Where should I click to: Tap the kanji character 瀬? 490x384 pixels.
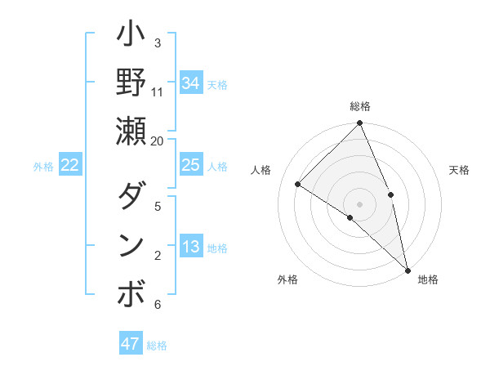click(x=131, y=132)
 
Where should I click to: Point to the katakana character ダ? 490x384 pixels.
click(x=131, y=197)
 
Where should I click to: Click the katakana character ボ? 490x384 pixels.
click(x=131, y=294)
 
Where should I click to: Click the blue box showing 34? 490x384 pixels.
click(x=191, y=83)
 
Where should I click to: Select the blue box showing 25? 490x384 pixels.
click(x=191, y=165)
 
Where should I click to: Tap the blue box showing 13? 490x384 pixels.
click(x=191, y=247)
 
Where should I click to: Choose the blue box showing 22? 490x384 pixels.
click(x=70, y=165)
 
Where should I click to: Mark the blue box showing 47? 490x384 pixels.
click(x=131, y=344)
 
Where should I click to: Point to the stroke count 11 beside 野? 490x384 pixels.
click(x=158, y=92)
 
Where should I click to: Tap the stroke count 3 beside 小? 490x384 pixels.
click(x=158, y=43)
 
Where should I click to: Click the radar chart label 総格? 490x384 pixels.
click(x=360, y=106)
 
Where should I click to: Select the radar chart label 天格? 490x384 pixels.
click(x=459, y=170)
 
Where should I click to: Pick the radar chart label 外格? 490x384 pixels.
click(x=287, y=279)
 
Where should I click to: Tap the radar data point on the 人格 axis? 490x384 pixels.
click(x=298, y=184)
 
